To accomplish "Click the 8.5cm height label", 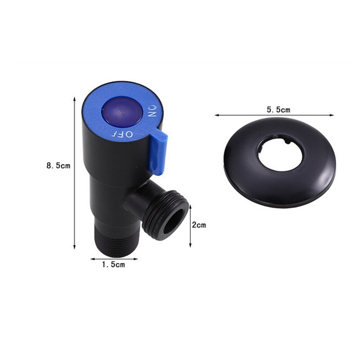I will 58,165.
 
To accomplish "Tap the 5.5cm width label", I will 279,109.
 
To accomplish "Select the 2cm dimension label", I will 198,225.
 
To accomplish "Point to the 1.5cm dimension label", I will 113,265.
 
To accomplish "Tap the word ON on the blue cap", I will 152,111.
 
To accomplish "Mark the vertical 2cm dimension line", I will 190,225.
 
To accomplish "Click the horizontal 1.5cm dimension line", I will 113,259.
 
